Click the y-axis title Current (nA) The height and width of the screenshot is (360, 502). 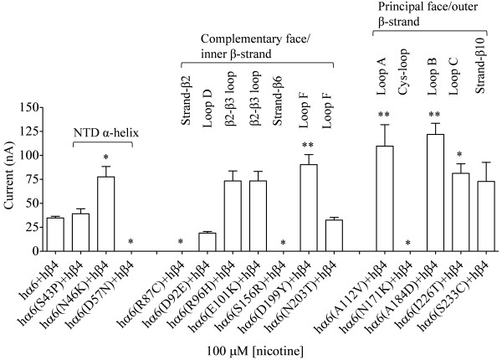point(11,178)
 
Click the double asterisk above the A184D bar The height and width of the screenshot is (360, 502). point(434,114)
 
